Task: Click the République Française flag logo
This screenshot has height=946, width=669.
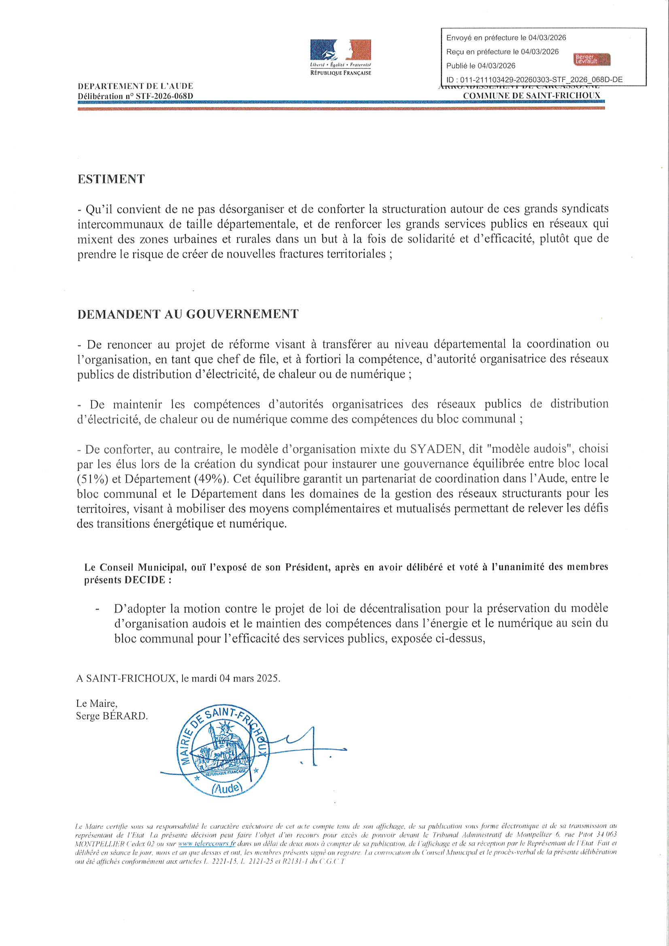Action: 340,51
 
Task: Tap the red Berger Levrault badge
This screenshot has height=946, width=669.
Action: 592,59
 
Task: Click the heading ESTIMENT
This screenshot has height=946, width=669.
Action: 111,179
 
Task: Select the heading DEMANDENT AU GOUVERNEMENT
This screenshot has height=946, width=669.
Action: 187,314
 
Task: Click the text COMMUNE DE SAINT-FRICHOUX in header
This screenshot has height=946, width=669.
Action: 532,95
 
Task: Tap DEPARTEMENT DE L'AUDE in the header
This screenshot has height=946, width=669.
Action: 135,86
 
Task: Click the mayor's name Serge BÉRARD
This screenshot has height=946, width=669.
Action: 111,716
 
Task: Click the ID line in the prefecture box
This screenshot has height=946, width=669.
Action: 534,80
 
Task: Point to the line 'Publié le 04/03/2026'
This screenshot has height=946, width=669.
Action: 481,66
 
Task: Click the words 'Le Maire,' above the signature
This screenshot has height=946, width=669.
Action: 96,703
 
